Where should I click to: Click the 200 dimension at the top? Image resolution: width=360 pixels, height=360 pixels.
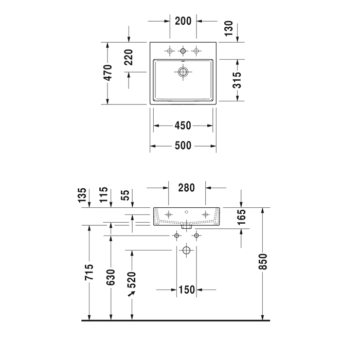coord(183,21)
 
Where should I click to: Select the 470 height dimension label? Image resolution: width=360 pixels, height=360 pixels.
coord(107,73)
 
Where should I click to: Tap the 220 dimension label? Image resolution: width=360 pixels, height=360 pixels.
coord(129,58)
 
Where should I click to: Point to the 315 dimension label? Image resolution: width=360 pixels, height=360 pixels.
coord(237,80)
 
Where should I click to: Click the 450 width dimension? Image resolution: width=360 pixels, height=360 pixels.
coord(183,125)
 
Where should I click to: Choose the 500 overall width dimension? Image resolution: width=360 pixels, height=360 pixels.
coord(183,146)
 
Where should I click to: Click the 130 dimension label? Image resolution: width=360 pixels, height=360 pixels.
coord(229,28)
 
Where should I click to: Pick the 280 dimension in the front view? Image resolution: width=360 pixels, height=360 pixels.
coord(186,188)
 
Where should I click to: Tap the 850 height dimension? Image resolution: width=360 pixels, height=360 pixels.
coord(263,261)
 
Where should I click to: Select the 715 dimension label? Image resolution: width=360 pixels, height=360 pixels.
coord(89,272)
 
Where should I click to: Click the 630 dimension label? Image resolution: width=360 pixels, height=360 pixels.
coord(111,277)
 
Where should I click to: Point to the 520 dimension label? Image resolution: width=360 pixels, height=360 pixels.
coord(132,280)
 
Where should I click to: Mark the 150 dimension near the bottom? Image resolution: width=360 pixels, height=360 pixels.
coord(186,290)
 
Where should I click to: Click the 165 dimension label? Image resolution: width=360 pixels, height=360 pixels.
coord(242,217)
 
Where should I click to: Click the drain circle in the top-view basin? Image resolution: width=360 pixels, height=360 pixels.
coord(183,72)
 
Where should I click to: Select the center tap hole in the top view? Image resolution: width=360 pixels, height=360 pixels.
coord(183,51)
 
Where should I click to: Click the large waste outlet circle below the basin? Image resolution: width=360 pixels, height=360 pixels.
coord(186,250)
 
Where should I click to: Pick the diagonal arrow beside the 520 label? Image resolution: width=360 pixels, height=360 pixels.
coord(132,294)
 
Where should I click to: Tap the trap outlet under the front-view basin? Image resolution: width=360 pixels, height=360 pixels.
coord(186,226)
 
